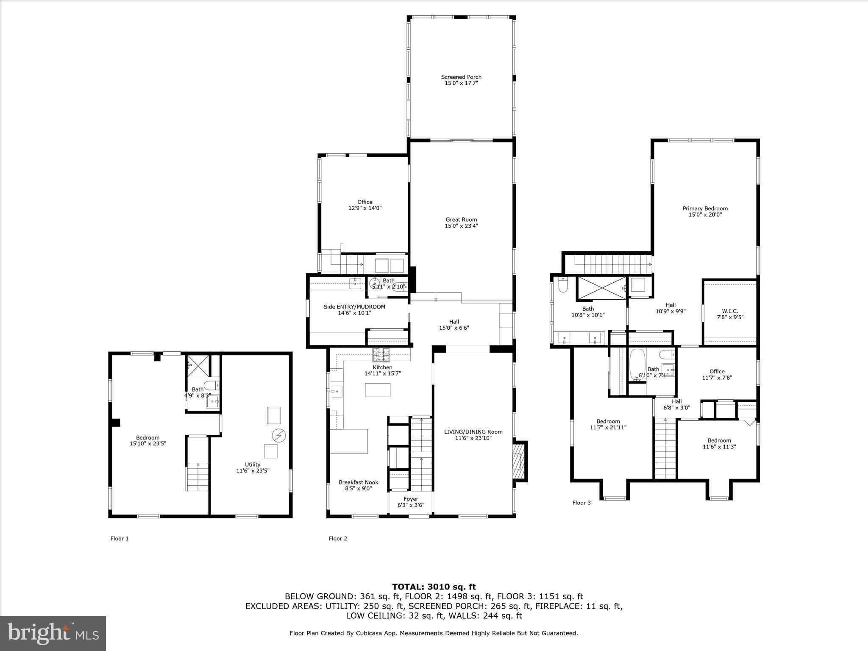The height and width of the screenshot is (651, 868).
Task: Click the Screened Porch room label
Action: (x=461, y=77)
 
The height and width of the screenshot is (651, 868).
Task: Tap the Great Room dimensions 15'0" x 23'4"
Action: (x=461, y=226)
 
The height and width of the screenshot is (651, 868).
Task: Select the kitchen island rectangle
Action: (x=378, y=390)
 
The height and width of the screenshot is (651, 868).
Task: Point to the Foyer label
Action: (x=411, y=499)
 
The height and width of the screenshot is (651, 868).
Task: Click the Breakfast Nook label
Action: (x=359, y=482)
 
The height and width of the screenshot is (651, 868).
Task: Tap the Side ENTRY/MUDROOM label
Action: (x=354, y=307)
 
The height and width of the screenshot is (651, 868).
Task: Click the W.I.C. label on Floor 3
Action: (x=730, y=311)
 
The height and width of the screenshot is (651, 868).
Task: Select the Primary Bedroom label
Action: (x=705, y=209)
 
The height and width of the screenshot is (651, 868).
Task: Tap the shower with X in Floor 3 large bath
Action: (x=601, y=288)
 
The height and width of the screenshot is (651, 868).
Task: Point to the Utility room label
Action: (x=253, y=465)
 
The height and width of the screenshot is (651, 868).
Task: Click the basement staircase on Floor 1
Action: (x=198, y=476)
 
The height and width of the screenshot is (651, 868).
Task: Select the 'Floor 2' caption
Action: (x=338, y=539)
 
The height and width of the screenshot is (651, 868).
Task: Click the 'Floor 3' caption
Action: (x=581, y=503)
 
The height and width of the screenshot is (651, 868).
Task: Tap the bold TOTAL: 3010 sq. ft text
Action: (x=434, y=587)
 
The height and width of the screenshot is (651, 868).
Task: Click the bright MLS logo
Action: (x=53, y=634)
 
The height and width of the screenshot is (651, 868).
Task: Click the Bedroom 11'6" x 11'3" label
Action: (x=719, y=440)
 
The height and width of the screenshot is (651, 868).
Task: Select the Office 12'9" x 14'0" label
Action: (x=364, y=202)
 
